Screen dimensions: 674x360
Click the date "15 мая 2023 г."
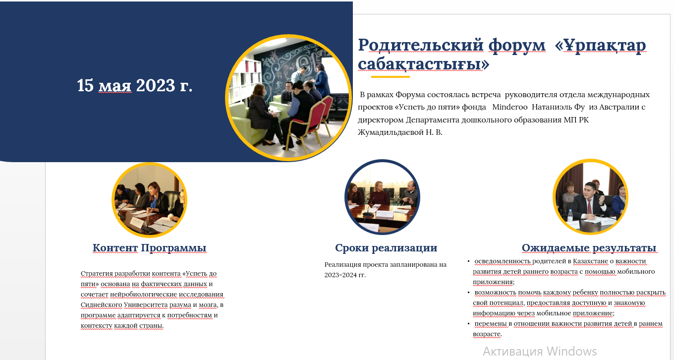(134, 85)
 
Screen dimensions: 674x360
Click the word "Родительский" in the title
(421, 45)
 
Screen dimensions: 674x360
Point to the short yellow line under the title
(390, 77)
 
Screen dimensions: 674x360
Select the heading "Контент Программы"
(149, 248)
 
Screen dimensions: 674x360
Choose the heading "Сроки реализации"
(386, 248)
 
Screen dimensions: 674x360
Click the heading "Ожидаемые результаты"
(589, 248)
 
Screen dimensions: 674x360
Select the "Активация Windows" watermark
(540, 351)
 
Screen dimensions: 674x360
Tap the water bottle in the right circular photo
(569, 216)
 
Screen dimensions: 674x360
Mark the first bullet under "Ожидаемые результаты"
(468, 261)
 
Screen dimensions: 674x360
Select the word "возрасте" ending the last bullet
(487, 334)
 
